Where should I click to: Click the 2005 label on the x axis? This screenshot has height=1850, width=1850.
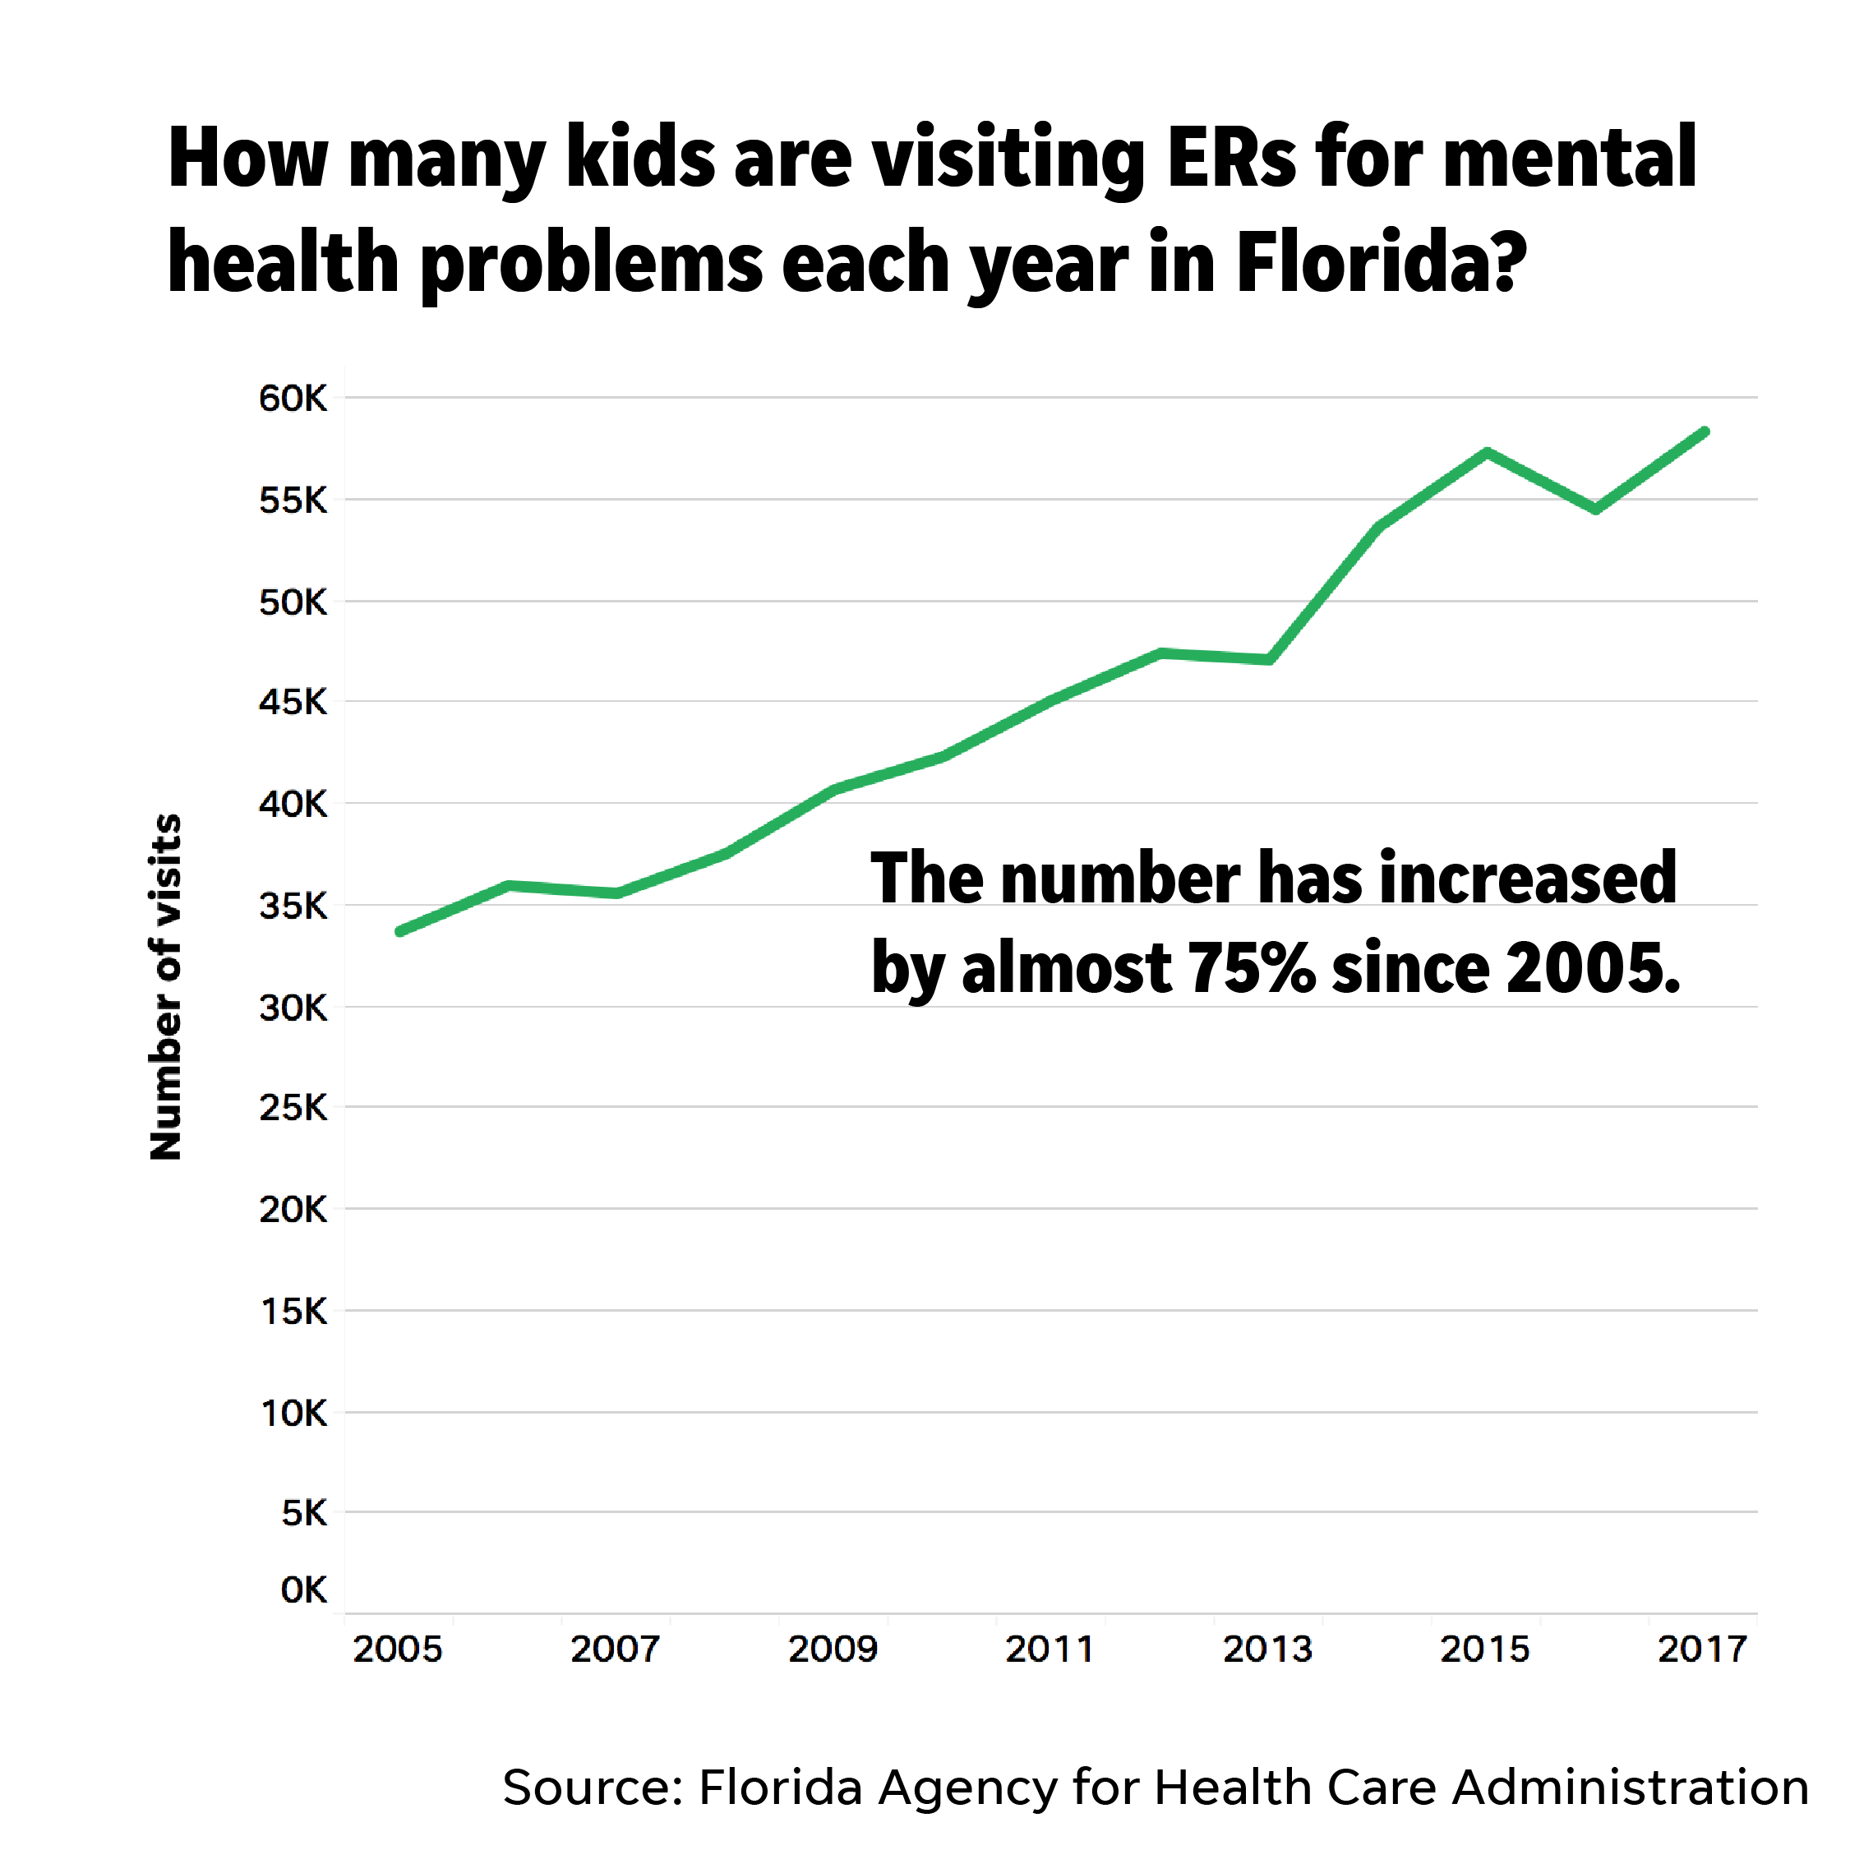point(398,1649)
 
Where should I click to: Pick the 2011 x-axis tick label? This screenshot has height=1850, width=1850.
point(1050,1649)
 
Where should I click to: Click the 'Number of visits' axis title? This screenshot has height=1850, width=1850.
point(166,987)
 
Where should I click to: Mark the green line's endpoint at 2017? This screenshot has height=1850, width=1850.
point(1705,431)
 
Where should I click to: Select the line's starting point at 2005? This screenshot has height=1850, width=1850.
point(400,930)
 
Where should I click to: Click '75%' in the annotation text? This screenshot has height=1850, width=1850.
point(1252,967)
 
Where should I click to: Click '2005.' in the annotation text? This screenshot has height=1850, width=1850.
point(1594,967)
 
